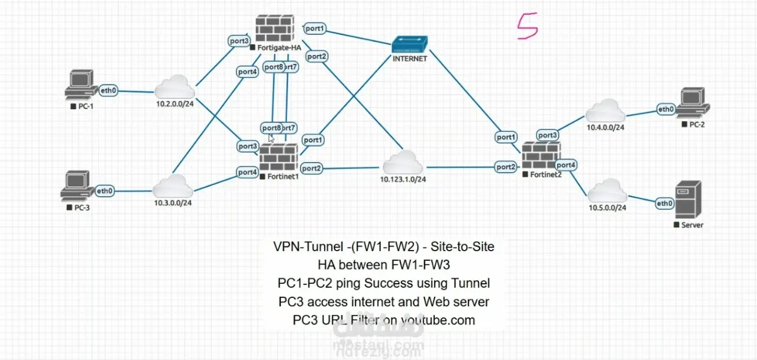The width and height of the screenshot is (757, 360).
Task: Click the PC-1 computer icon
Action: click(x=80, y=85)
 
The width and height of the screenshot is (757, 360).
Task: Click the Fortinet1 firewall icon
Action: click(x=279, y=158)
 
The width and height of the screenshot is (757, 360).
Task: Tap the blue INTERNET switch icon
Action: click(x=409, y=45)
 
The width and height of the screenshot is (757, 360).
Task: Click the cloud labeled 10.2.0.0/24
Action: click(x=174, y=88)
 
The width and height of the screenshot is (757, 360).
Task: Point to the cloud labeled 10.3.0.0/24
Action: click(x=173, y=187)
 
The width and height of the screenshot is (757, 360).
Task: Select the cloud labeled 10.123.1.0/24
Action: click(x=403, y=163)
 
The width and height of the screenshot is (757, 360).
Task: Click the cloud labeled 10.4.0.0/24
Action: click(x=605, y=111)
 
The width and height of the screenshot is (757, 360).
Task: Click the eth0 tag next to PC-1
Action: click(x=108, y=90)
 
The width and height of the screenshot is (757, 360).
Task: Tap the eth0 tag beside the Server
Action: click(x=665, y=203)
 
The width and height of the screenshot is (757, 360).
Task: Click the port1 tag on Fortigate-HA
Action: click(x=315, y=28)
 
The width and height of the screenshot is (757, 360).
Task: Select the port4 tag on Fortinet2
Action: click(x=566, y=165)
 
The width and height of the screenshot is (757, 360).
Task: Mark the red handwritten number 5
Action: click(x=528, y=27)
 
